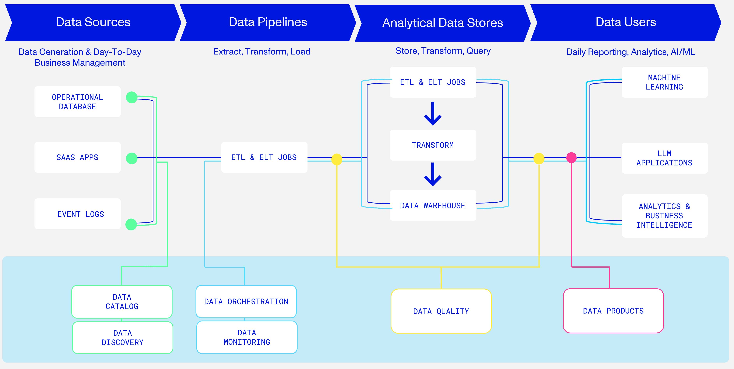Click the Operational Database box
pos(78,102)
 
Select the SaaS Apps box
pos(78,157)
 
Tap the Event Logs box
pos(78,214)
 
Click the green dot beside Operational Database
pos(132,97)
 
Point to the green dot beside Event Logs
pos(131,224)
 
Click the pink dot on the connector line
pos(571,157)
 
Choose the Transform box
pos(433,145)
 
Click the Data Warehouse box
pos(433,206)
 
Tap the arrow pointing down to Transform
pos(433,114)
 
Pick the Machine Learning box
pos(664,82)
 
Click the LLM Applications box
pos(664,158)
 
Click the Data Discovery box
pos(122,338)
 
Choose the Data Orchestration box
pos(246,301)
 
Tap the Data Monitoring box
pos(247,337)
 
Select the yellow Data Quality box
pos(441,311)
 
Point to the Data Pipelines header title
pos(268,22)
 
